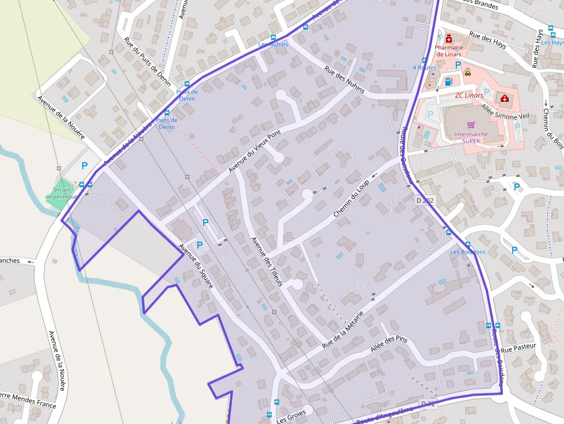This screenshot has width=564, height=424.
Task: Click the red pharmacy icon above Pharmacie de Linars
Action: (448, 39)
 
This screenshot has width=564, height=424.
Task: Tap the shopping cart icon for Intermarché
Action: (471, 125)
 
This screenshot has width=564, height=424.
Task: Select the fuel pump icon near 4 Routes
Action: (448, 82)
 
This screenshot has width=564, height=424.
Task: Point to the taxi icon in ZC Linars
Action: (468, 72)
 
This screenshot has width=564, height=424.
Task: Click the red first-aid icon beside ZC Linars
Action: (505, 99)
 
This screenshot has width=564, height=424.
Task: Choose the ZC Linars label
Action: (468, 96)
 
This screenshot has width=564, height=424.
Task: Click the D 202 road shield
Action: (425, 201)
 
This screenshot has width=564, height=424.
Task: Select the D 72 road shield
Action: (428, 404)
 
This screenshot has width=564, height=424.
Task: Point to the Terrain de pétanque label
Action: (61, 193)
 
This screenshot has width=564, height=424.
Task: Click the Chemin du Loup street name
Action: (350, 198)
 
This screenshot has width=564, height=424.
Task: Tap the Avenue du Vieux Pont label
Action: (254, 151)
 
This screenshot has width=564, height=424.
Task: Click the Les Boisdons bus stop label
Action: (468, 252)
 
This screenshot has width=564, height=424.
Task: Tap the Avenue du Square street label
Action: (196, 266)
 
